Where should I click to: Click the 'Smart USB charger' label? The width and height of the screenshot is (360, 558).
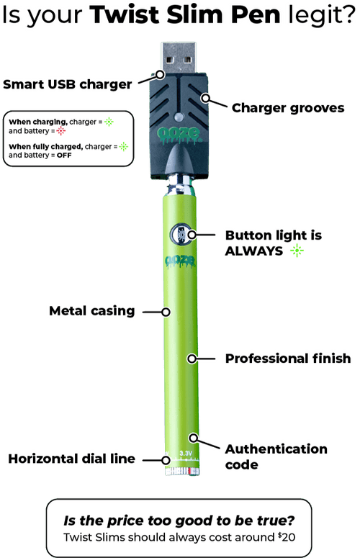pyautogui.click(x=68, y=84)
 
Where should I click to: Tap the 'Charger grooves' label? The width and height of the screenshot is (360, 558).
pyautogui.click(x=288, y=108)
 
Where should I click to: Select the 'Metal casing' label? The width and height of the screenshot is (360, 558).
pyautogui.click(x=91, y=310)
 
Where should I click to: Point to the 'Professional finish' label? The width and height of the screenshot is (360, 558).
pyautogui.click(x=288, y=359)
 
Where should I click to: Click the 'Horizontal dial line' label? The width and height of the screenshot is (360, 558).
pyautogui.click(x=71, y=459)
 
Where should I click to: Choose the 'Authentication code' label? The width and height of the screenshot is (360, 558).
pyautogui.click(x=276, y=456)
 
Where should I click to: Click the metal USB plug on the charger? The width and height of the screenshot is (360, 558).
pyautogui.click(x=179, y=58)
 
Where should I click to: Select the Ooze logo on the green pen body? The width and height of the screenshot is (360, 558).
pyautogui.click(x=180, y=262)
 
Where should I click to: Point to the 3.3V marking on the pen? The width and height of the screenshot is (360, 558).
pyautogui.click(x=186, y=454)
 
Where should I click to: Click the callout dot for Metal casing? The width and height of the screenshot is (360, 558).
pyautogui.click(x=166, y=312)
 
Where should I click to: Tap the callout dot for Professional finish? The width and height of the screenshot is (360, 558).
pyautogui.click(x=192, y=359)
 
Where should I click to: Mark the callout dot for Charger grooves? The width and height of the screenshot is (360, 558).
pyautogui.click(x=205, y=97)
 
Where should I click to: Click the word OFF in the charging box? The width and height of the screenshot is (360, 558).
pyautogui.click(x=64, y=155)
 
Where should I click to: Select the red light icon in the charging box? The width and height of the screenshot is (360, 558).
pyautogui.click(x=60, y=131)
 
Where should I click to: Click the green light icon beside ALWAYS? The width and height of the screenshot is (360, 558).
pyautogui.click(x=297, y=251)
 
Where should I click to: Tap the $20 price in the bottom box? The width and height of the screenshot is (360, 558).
pyautogui.click(x=286, y=537)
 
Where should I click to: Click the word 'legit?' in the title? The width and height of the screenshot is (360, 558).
pyautogui.click(x=322, y=15)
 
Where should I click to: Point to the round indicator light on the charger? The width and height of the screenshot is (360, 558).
pyautogui.click(x=179, y=117)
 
